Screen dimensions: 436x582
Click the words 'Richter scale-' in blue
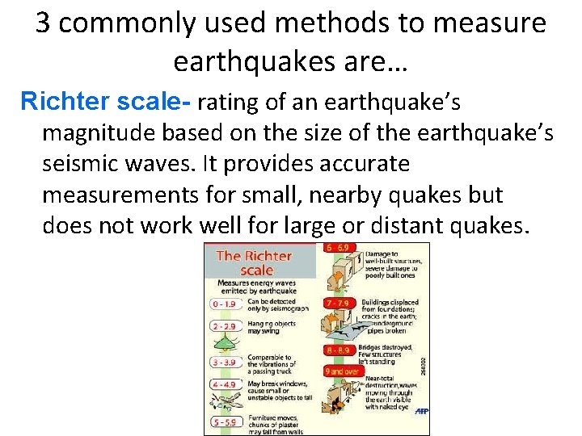[x=105, y=103]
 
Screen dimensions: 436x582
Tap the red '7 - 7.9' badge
[x=338, y=301]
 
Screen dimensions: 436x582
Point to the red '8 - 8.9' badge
[x=337, y=350]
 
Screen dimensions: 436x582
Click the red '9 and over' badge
[x=342, y=371]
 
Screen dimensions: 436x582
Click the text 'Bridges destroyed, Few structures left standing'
[x=388, y=353]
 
